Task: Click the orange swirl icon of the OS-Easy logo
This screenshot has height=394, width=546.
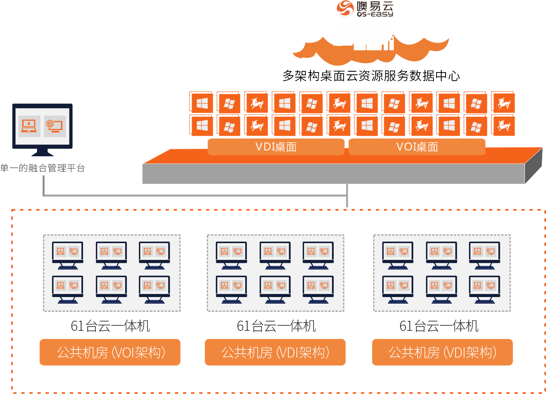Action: pyautogui.click(x=345, y=9)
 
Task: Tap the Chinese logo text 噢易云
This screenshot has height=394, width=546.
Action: pyautogui.click(x=375, y=6)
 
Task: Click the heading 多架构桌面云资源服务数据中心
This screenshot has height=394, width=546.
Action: pyautogui.click(x=371, y=76)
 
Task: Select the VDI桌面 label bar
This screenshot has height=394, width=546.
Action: pyautogui.click(x=276, y=147)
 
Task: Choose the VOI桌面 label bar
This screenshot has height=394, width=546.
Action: pyautogui.click(x=417, y=147)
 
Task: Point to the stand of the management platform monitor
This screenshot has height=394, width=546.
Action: pyautogui.click(x=42, y=152)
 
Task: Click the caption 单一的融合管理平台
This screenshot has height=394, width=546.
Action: pyautogui.click(x=42, y=168)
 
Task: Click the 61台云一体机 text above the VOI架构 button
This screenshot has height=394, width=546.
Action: pyautogui.click(x=110, y=326)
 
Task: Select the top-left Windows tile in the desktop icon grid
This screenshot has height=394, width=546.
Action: pyautogui.click(x=202, y=103)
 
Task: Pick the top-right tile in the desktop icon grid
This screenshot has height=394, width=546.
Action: pyautogui.click(x=504, y=103)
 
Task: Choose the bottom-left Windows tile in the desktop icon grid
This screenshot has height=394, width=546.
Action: pyautogui.click(x=202, y=126)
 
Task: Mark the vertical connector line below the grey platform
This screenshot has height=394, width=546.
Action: pyautogui.click(x=347, y=196)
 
